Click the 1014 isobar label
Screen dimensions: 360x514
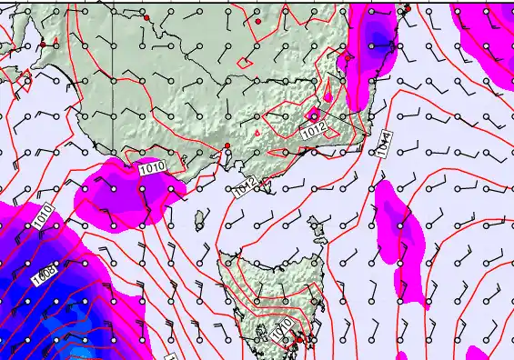tap(385, 145)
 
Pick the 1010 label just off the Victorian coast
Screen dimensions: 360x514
tap(152, 166)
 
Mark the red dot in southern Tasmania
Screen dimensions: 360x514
tap(295, 340)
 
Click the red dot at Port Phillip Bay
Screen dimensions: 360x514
tap(227, 146)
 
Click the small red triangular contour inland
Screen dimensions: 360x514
tap(257, 134)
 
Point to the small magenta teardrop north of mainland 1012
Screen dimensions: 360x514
tap(328, 91)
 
